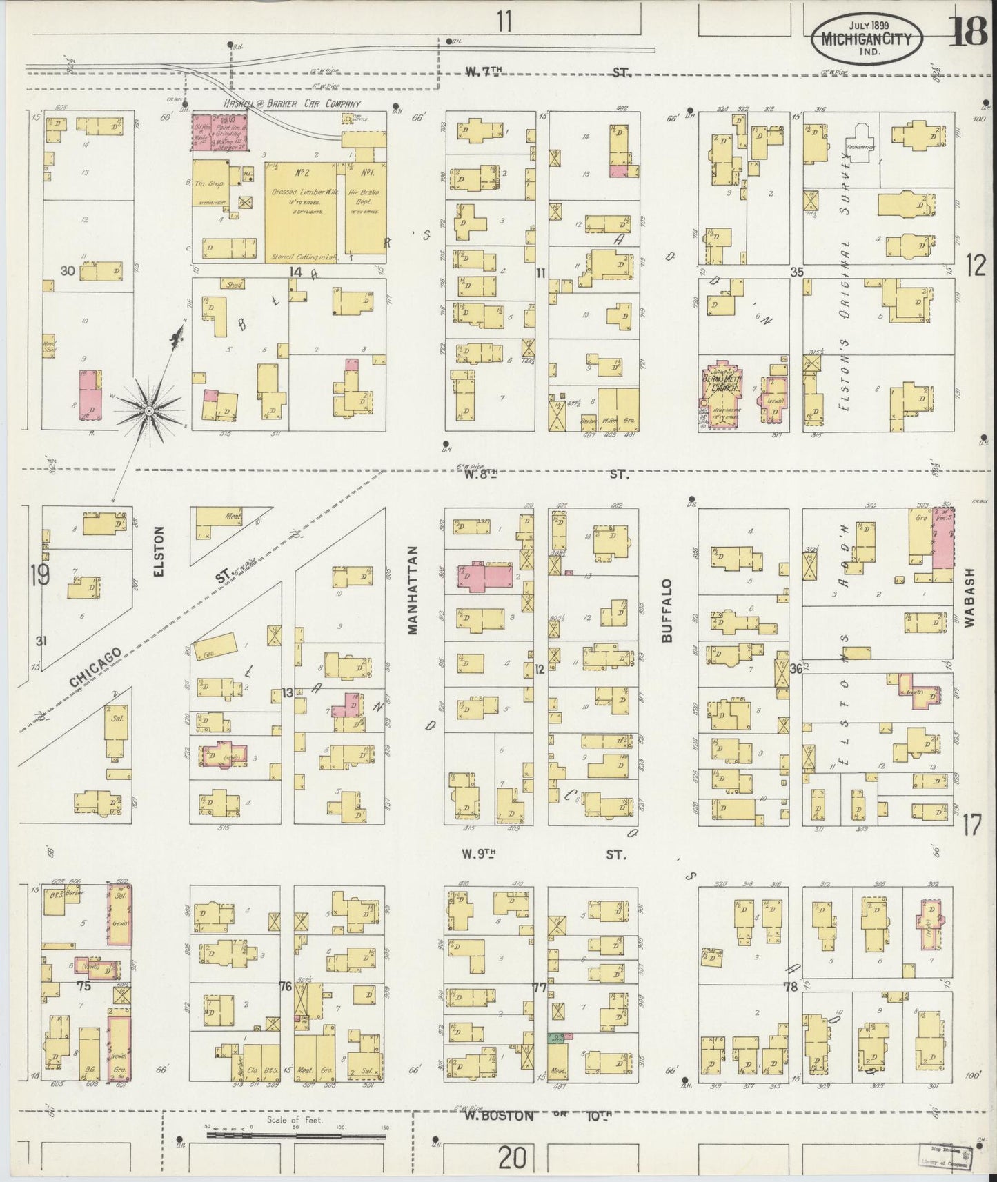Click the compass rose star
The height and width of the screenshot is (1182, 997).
[148, 411]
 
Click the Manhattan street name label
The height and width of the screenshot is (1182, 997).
[413, 590]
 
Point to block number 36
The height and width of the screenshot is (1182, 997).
[796, 668]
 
